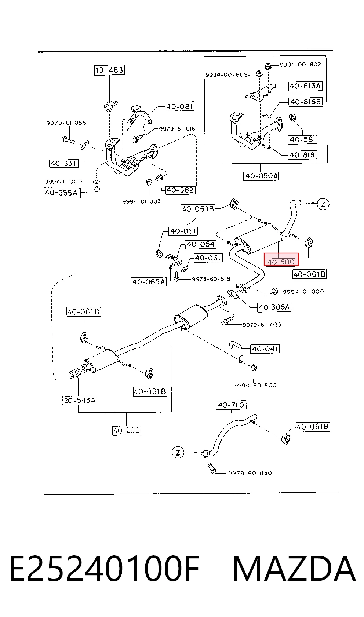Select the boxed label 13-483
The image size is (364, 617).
coord(109,70)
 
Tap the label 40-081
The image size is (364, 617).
coord(179,106)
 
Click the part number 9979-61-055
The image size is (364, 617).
coord(66,123)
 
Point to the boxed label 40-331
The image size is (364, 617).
coord(63,163)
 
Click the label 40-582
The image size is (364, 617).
coord(181,190)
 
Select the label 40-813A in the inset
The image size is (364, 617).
coord(305,86)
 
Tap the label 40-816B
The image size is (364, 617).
coord(306,102)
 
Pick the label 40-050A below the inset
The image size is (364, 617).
coord(261,176)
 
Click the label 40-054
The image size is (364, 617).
coord(201,244)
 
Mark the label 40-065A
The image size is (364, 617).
coord(149,282)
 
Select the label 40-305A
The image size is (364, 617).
coord(274,307)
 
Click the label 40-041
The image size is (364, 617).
coord(265,349)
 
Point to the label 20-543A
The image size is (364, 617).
coord(80,400)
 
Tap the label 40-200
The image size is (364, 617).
coord(127,430)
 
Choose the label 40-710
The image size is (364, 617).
coord(231,405)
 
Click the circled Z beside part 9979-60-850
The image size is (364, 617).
coord(178,453)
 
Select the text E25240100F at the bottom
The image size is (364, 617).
coord(105,569)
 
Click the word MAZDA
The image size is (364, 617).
coord(294,569)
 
